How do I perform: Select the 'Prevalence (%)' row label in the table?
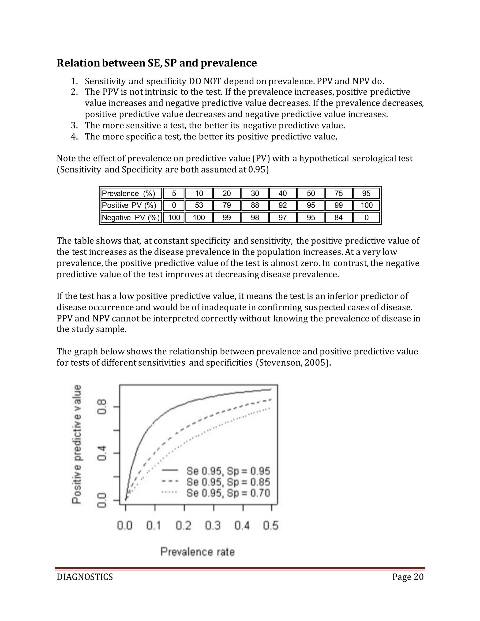[128, 193]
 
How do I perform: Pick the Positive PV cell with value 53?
[199, 205]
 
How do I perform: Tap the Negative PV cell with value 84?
[338, 217]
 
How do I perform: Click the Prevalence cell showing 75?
[338, 193]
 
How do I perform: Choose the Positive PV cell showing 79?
[227, 205]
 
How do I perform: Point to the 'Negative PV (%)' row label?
[131, 217]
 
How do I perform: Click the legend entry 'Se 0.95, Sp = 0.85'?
[228, 482]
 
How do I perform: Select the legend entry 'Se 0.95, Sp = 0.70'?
[228, 493]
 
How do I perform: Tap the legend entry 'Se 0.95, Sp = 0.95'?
[228, 471]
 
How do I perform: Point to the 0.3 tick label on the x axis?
[213, 525]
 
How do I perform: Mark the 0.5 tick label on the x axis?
[271, 525]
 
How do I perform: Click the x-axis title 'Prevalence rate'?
[198, 552]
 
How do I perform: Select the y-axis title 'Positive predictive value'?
[77, 444]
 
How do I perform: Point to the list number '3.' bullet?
[74, 125]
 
